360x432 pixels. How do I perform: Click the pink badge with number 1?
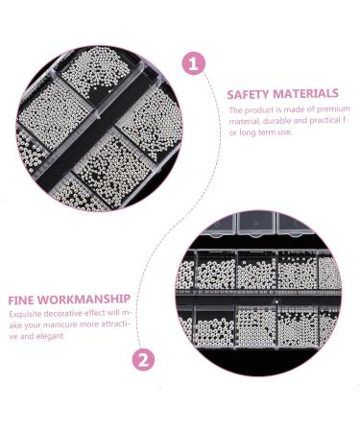pos(195,64)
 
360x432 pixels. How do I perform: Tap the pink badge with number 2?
pos(142,361)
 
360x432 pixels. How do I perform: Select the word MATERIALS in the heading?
pos(306,94)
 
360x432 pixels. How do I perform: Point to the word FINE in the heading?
pos(22,299)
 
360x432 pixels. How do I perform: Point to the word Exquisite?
pos(27,313)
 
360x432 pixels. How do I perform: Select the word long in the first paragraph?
pos(247,132)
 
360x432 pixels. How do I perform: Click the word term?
pos(269,132)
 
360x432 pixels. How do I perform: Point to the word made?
pos(299,109)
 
